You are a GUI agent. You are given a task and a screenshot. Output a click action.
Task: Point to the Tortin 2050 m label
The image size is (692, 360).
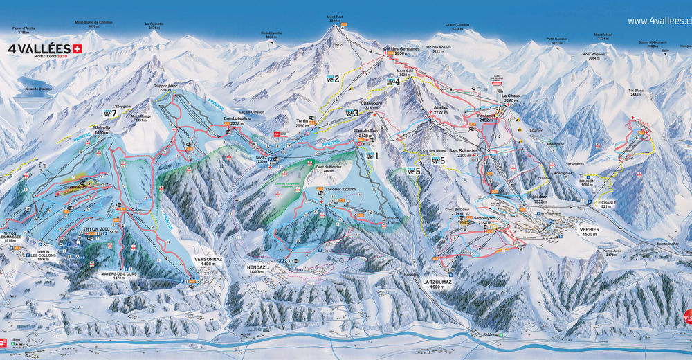point(302,123)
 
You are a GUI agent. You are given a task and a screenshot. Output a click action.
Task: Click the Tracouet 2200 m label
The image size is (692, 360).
point(339,189)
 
